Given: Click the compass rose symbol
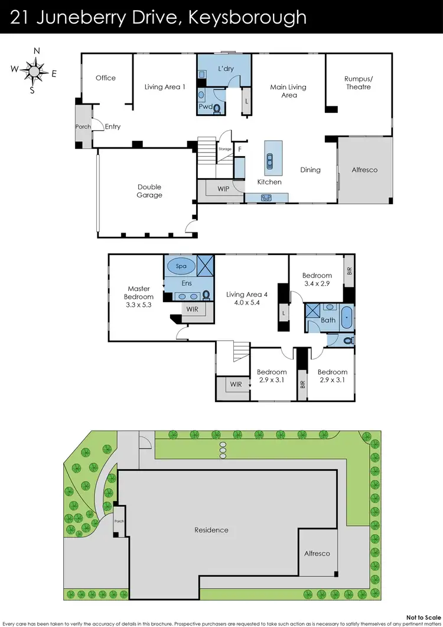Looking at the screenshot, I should point(34,72).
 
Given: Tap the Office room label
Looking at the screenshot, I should point(106,77).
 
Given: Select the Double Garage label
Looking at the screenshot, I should point(149,191).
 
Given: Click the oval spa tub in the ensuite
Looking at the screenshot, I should point(181,266).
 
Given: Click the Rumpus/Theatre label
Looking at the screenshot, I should point(359,83).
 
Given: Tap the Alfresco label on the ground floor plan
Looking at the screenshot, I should point(365,170).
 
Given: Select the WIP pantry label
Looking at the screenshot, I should point(223,189).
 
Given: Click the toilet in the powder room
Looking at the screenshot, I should point(217,108).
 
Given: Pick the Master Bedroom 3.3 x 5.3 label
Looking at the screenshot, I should point(139,297).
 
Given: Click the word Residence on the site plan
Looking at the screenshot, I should point(211,530).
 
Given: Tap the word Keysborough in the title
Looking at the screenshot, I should point(247,17).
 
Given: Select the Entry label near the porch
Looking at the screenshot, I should point(113,127).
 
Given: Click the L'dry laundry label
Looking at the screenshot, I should point(226,69).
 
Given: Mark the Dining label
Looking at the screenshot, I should point(310,170).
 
